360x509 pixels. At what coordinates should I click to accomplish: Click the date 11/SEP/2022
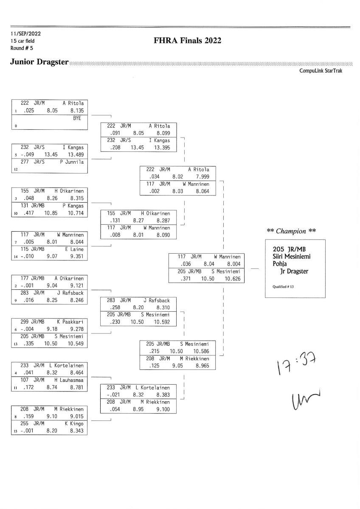[x=26, y=34]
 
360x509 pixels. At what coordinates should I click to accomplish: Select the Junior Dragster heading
[x=39, y=62]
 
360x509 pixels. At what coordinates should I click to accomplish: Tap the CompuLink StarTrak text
[x=321, y=70]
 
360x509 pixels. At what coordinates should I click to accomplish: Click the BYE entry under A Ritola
[x=77, y=118]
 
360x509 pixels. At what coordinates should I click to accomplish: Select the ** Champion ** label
[x=291, y=231]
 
